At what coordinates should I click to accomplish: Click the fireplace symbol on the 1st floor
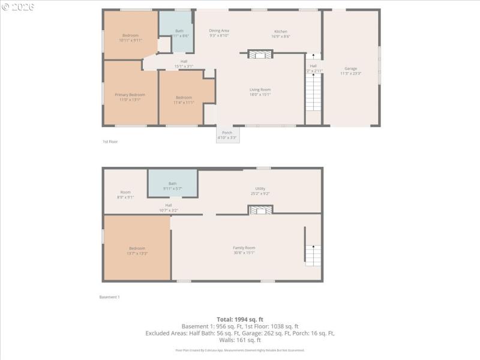pyautogui.click(x=260, y=55)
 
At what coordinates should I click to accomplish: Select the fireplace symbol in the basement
pyautogui.click(x=260, y=209)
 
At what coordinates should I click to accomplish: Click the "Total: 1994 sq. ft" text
pyautogui.click(x=240, y=319)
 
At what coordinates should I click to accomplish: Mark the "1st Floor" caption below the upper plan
pyautogui.click(x=109, y=142)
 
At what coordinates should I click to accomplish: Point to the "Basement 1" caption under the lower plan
pyautogui.click(x=109, y=297)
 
